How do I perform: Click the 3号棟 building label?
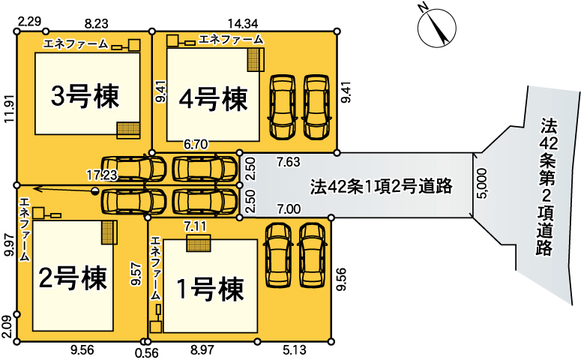point(85,95)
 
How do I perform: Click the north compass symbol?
point(436,28)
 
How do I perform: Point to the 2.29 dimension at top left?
point(28,23)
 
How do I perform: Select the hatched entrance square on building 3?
point(127,129)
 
